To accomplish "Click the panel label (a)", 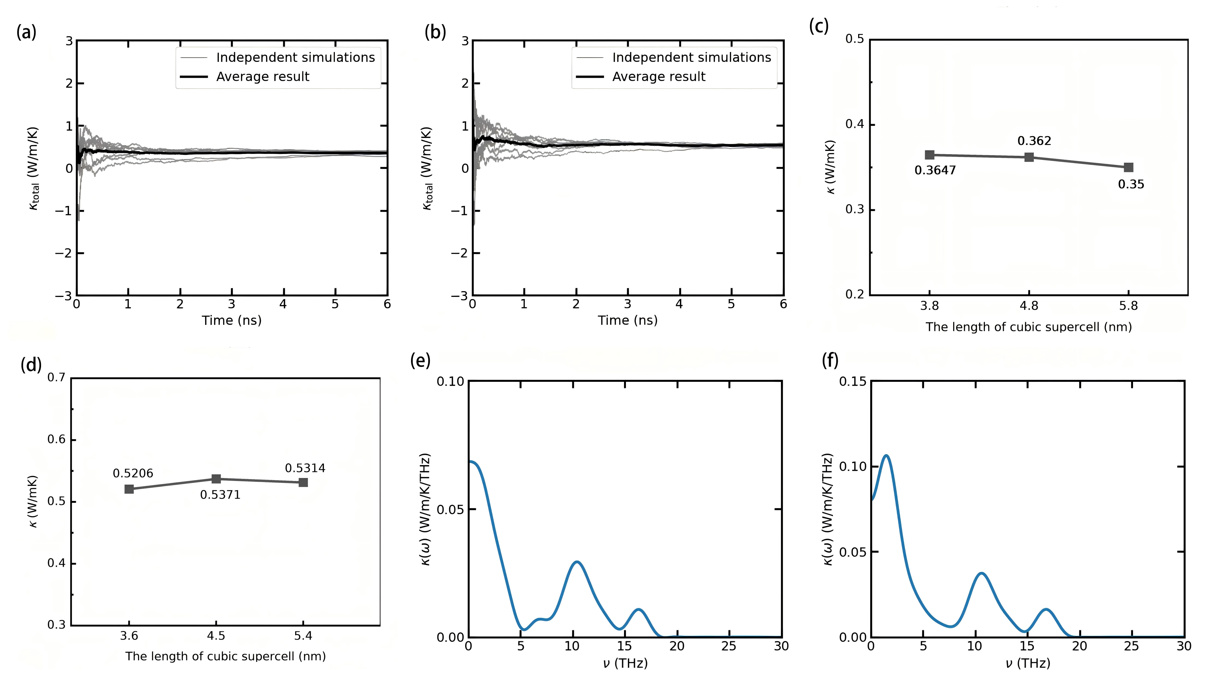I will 26,33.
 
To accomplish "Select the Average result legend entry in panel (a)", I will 262,77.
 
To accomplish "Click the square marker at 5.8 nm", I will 1128,168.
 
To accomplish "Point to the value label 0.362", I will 1034,141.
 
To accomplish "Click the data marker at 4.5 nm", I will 216,479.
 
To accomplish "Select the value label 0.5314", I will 305,468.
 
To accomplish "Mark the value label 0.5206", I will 133,473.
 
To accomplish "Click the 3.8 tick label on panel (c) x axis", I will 929,306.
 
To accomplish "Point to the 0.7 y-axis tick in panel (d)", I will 56,378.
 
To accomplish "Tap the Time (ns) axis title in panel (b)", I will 627,321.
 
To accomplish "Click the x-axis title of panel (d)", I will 225,656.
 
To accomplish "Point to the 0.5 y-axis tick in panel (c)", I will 855,39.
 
